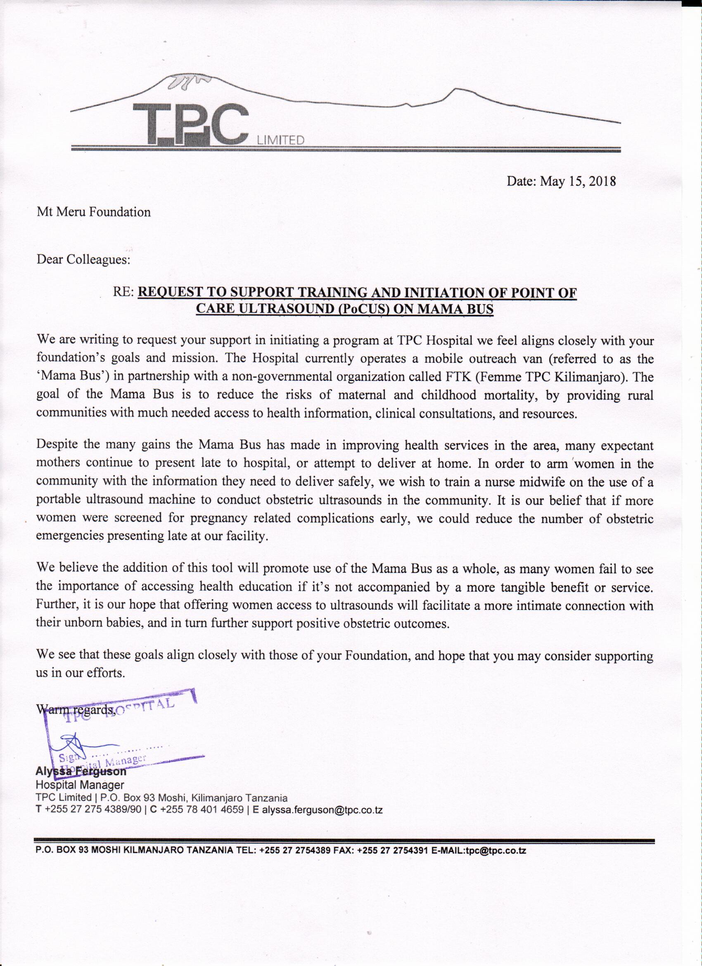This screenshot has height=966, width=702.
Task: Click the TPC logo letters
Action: pyautogui.click(x=190, y=124)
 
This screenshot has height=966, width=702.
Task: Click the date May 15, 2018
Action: pyautogui.click(x=578, y=182)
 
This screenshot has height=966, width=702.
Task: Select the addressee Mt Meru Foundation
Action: pyautogui.click(x=94, y=212)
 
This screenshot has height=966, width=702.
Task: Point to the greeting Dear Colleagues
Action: pyautogui.click(x=83, y=259)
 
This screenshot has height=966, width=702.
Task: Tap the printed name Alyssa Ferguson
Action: pyautogui.click(x=81, y=771)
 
